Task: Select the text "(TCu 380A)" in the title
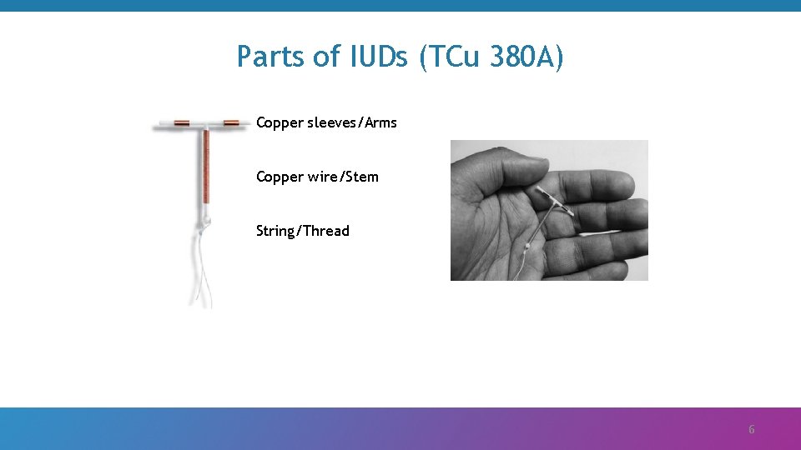tap(492, 57)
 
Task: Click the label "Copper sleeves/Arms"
tap(326, 123)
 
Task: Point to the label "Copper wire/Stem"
tap(317, 177)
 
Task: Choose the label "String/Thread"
tap(303, 231)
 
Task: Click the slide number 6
tap(751, 430)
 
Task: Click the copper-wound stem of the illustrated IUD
tap(205, 171)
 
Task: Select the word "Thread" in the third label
tap(326, 231)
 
